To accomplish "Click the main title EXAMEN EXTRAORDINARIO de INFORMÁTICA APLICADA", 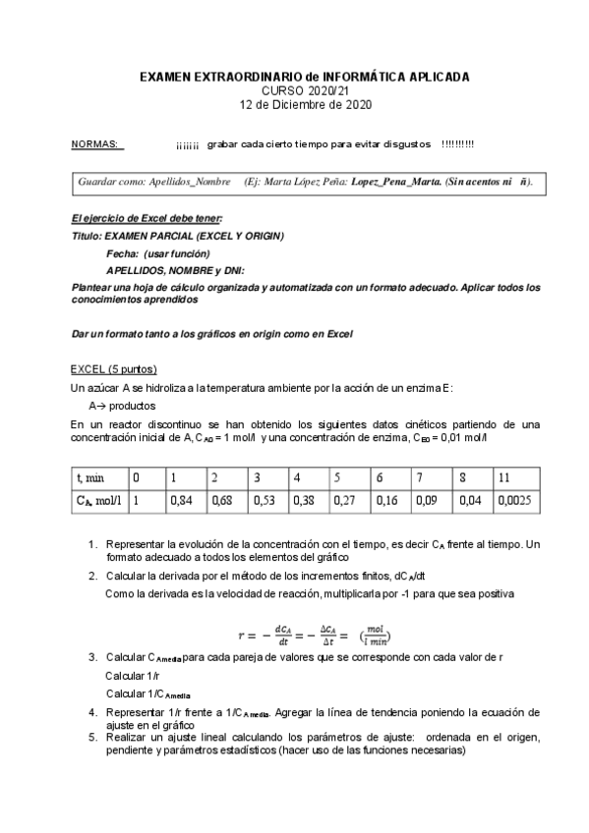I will [x=305, y=77].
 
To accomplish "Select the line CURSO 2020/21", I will [x=305, y=90].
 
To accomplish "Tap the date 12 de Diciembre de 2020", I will [x=306, y=104].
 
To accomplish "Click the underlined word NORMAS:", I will [x=96, y=144].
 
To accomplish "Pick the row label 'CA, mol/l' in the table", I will [x=99, y=500].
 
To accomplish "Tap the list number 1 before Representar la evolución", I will [x=92, y=543].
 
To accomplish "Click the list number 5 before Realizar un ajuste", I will [x=92, y=736].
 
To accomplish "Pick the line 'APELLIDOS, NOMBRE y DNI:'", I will [x=175, y=270].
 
